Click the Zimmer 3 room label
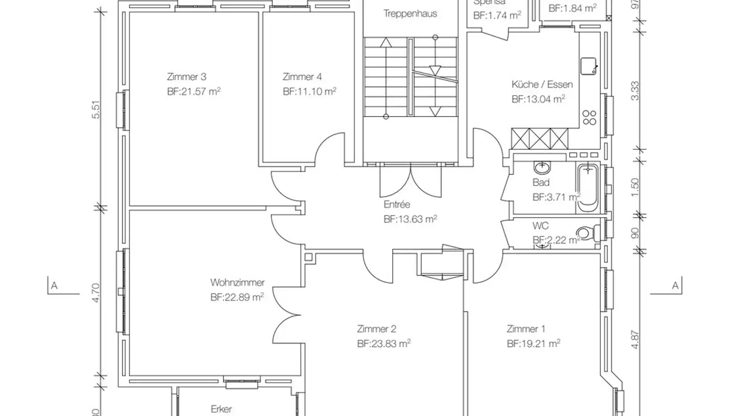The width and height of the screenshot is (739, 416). pos(186,77)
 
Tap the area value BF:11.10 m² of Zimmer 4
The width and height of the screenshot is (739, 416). pos(309,91)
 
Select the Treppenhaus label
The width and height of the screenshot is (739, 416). pos(410,14)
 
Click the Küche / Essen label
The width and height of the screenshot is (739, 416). pos(541,85)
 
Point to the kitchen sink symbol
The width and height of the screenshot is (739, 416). pos(588,66)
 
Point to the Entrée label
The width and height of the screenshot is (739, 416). pos(397,204)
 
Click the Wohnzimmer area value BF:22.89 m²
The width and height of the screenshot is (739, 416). pos(237,297)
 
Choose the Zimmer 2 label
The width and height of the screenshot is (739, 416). pos(376,329)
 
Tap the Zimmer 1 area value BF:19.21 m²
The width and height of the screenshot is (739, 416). pos(533,344)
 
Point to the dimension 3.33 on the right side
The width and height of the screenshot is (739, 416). pos(635,91)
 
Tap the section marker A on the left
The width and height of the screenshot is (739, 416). pos(53,286)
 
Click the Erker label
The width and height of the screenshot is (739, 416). pos(221,409)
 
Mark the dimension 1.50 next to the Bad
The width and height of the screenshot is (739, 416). pos(635,184)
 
